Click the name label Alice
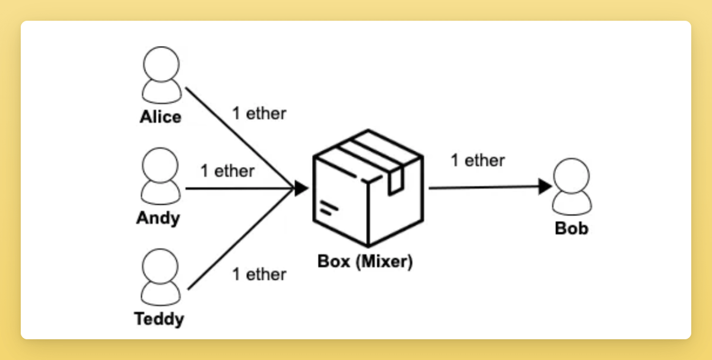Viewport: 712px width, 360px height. (160, 117)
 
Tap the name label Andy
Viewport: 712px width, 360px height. (158, 218)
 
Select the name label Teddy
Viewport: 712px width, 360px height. (159, 319)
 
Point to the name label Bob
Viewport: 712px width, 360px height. (571, 228)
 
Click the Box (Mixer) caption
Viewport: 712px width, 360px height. (364, 262)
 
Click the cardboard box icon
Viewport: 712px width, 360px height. (368, 189)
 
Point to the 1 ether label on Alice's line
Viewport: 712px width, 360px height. (259, 113)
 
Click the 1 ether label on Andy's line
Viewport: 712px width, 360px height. (227, 171)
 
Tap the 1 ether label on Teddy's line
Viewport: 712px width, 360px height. (259, 274)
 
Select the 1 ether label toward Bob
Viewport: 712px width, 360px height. (478, 160)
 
